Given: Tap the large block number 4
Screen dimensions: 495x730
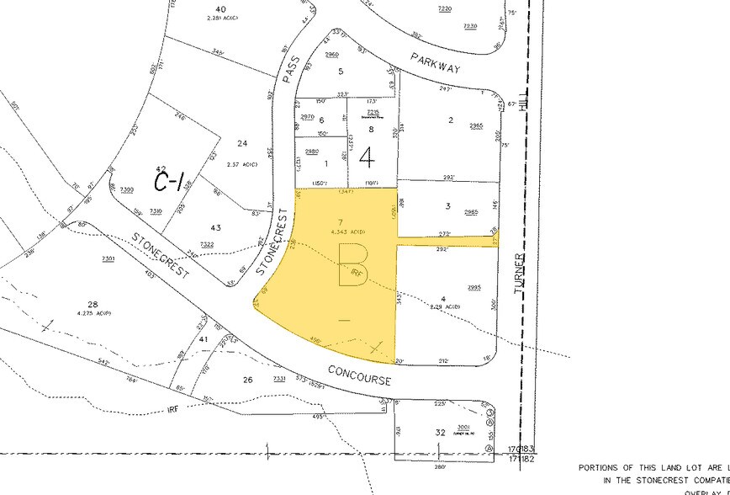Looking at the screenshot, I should (x=368, y=157).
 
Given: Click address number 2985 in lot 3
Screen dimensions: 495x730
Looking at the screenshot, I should (x=471, y=211).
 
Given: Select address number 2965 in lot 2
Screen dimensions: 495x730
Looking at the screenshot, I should (x=477, y=125).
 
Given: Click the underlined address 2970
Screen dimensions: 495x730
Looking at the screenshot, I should (x=308, y=117).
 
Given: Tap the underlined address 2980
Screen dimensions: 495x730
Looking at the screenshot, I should (x=312, y=151).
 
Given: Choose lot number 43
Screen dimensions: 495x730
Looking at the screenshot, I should (x=215, y=228).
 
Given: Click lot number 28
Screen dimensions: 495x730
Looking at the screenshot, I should (x=93, y=304).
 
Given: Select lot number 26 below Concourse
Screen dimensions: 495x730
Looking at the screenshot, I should (x=247, y=380).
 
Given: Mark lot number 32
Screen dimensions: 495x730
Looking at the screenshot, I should (x=440, y=432).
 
